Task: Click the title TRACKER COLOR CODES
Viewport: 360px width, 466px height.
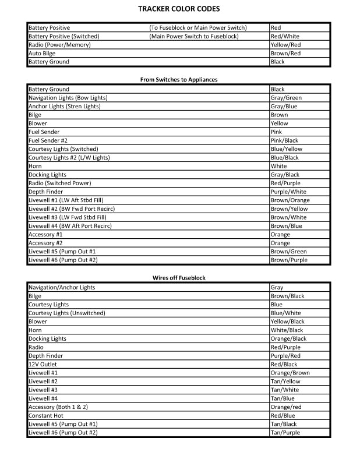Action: (179, 9)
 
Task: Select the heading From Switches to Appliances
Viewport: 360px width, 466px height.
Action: (179, 79)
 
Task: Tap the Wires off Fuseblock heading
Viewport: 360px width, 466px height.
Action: (179, 278)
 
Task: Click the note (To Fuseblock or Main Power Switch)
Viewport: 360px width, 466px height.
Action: (198, 28)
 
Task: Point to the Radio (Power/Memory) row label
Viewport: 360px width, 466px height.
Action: (58, 45)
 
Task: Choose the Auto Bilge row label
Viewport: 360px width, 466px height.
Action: (42, 53)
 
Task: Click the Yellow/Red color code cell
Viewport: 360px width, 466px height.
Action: (285, 45)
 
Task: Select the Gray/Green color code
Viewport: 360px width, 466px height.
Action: (286, 98)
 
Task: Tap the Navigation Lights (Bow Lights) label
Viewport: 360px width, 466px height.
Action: (68, 98)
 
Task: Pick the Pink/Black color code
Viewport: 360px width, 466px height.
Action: (284, 140)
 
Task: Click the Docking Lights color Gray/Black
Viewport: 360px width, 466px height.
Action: (285, 175)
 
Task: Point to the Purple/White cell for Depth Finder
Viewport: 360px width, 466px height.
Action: (288, 192)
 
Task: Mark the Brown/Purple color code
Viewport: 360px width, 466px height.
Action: (289, 260)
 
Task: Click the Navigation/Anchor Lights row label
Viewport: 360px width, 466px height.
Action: (62, 288)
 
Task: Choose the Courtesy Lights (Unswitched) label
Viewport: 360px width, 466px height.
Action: (66, 313)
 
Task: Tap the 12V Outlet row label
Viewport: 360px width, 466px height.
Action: (43, 364)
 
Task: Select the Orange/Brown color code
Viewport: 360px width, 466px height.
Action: (290, 373)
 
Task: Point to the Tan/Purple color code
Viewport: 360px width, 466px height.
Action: (285, 433)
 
